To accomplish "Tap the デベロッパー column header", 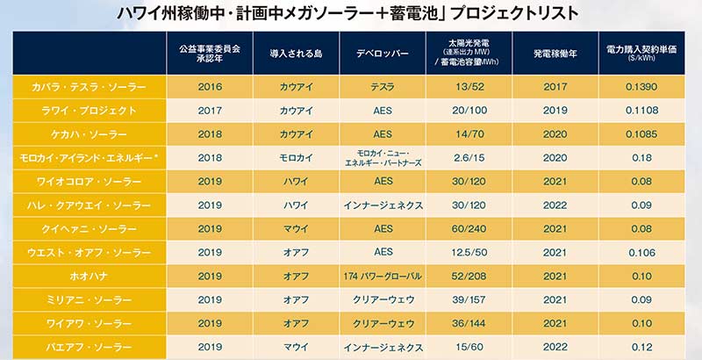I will click(382, 53).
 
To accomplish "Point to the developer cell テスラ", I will click(382, 88).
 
